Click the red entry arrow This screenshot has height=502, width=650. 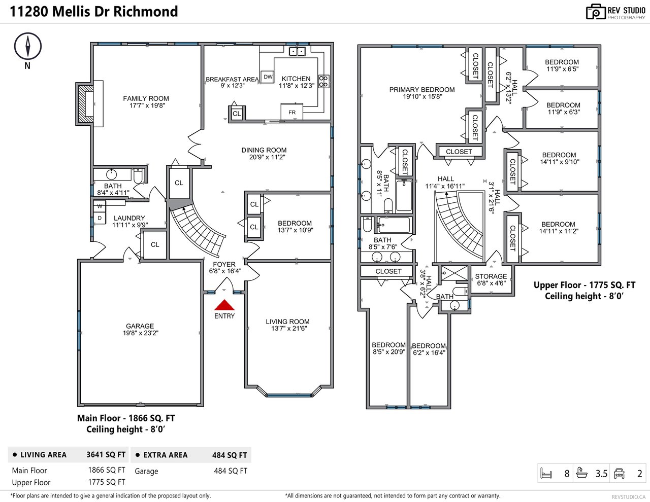click(x=224, y=305)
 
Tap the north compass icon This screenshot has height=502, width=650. click(x=28, y=46)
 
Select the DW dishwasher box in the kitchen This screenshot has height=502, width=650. click(x=268, y=77)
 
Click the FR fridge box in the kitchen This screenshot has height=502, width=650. click(x=292, y=112)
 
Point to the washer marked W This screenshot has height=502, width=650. click(x=100, y=206)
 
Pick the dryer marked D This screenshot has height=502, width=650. click(x=100, y=218)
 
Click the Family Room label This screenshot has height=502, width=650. click(x=146, y=98)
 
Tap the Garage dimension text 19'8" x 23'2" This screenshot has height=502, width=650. click(x=140, y=333)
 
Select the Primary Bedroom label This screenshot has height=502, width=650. click(x=422, y=90)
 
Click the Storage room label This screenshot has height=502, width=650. click(x=491, y=276)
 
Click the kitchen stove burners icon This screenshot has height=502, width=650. click(x=323, y=81)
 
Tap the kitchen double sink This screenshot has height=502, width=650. click(x=297, y=51)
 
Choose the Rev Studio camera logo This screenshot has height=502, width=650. click(x=596, y=12)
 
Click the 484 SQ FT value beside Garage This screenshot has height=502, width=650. click(x=231, y=471)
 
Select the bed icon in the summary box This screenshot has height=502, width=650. click(x=546, y=473)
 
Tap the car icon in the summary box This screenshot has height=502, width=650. click(x=619, y=473)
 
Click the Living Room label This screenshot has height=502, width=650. click(x=287, y=321)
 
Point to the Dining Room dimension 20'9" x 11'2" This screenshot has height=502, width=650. click(x=267, y=157)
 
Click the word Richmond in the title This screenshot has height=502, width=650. click(x=146, y=12)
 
